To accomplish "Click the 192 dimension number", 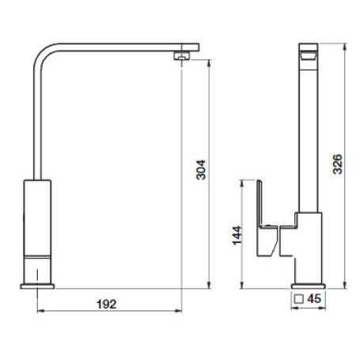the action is tap(106, 304).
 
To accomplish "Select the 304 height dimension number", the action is tap(201, 170).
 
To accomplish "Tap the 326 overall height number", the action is tap(337, 164).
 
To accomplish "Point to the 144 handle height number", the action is tap(237, 235).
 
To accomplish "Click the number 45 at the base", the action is tap(314, 299).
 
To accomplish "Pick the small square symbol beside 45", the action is tap(299, 299).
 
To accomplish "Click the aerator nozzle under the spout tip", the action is tap(181, 56).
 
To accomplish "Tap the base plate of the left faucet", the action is tap(37, 286).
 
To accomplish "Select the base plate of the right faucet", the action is tap(308, 286).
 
